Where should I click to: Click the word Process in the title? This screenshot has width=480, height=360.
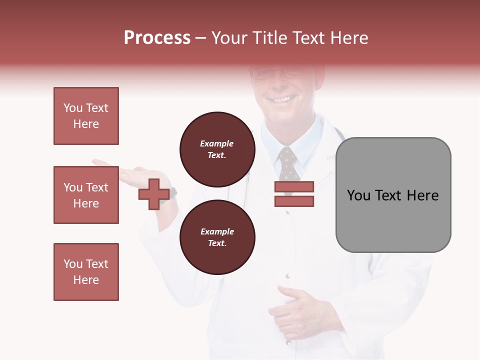(x=157, y=38)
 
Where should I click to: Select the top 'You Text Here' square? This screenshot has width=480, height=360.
(x=86, y=116)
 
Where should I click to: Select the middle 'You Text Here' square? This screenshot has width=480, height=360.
(x=86, y=195)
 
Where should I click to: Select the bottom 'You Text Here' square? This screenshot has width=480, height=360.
(x=86, y=272)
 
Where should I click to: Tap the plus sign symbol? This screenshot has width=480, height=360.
(x=154, y=194)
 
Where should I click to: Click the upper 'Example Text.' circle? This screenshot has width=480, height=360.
(x=217, y=149)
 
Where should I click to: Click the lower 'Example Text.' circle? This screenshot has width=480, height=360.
(x=217, y=237)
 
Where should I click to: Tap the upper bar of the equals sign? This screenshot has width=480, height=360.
(x=294, y=186)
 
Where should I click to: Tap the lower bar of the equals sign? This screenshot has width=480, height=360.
(x=294, y=201)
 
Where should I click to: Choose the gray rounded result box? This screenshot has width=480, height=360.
(x=393, y=195)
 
